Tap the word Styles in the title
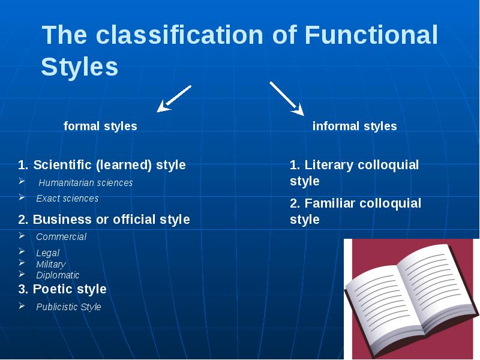79,67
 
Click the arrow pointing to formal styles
173,98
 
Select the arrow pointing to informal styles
287,98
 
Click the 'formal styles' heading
100,126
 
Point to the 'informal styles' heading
355,126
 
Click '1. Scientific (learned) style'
102,164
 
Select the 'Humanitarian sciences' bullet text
86,182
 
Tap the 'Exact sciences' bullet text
67,198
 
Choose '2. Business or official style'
104,220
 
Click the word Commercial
61,236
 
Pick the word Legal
47,253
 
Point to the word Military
50,264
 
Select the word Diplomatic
58,275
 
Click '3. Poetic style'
62,289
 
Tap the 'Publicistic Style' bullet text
68,307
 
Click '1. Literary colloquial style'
354,173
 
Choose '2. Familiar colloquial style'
355,211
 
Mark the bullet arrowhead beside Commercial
22,235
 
